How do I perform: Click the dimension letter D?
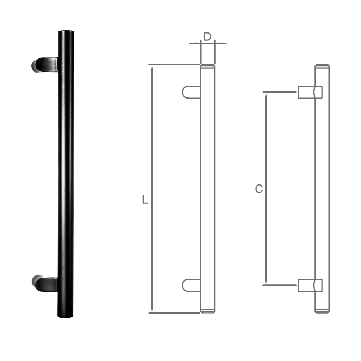click(207, 36)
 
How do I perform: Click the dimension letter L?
click(145, 200)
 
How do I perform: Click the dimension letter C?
click(258, 189)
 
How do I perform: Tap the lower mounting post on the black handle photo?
click(45, 283)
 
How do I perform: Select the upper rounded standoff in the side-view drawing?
click(191, 92)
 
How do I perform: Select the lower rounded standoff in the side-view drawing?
click(191, 285)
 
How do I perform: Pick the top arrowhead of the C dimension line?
click(266, 95)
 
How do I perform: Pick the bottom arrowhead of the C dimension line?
click(266, 282)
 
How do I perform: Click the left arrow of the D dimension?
click(197, 43)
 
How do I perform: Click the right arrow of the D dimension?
click(218, 43)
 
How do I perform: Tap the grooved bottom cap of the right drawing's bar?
click(322, 311)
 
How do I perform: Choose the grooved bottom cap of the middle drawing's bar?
click(208, 311)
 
